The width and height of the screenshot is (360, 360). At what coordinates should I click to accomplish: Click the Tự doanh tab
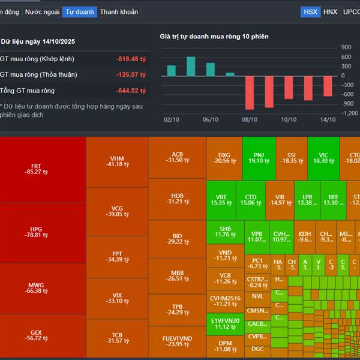tap(79, 11)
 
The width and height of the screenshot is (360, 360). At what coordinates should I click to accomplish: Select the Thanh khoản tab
tap(119, 11)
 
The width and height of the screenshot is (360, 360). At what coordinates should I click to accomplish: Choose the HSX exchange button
tap(310, 11)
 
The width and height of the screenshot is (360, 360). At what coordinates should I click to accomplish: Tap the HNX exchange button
tap(330, 11)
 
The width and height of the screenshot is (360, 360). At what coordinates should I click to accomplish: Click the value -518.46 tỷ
tap(131, 59)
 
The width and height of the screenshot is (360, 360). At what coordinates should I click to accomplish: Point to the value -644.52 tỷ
tap(131, 91)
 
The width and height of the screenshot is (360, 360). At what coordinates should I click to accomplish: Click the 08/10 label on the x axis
tap(248, 119)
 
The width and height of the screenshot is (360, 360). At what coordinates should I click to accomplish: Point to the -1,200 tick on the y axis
tap(347, 113)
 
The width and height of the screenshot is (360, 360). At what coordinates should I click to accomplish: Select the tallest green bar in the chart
tap(191, 66)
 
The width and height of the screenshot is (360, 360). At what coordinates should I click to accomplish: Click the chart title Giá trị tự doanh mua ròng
tap(214, 37)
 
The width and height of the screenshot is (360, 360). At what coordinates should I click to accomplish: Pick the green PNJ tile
tap(259, 158)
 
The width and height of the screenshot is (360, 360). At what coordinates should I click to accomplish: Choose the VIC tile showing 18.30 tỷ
tap(323, 158)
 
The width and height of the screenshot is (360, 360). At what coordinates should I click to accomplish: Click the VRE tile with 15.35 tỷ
tap(221, 199)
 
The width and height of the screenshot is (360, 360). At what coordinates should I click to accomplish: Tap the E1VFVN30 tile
tap(225, 323)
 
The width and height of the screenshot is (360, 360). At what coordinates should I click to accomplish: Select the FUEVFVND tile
tap(177, 341)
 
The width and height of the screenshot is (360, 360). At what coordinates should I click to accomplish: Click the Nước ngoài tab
tap(41, 11)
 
